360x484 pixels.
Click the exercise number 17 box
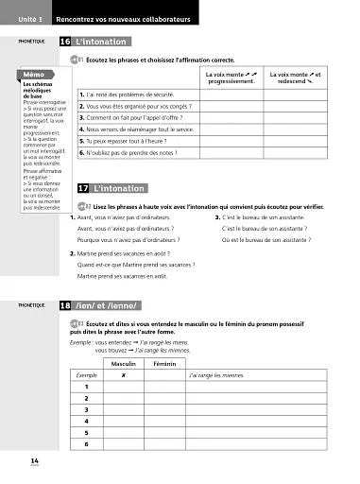(x=84, y=189)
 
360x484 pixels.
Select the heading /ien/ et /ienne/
(x=106, y=307)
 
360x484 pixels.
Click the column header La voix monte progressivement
(x=230, y=77)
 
